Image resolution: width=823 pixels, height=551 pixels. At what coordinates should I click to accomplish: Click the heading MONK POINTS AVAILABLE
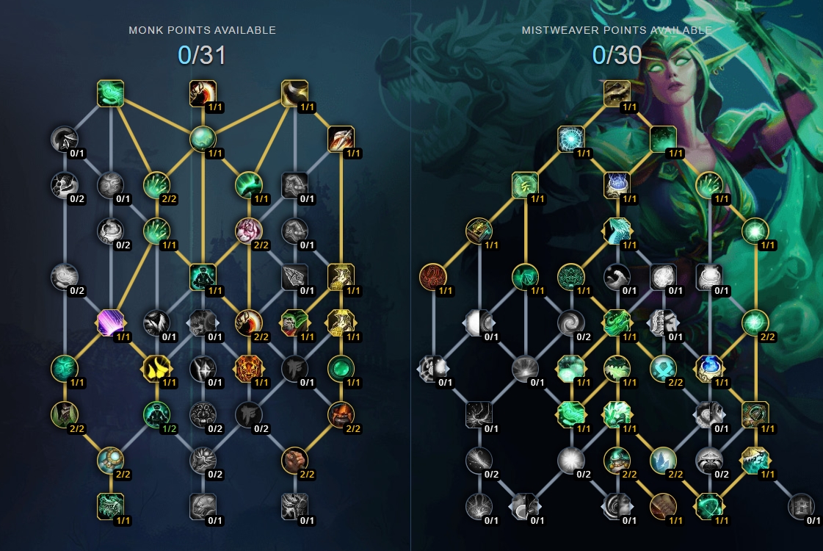tap(202, 30)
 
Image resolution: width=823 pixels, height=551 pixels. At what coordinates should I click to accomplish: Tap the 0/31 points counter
tap(202, 55)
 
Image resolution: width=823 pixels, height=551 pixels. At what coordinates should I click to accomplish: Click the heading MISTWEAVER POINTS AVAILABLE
tap(617, 30)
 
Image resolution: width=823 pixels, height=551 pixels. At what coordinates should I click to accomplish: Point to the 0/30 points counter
tap(617, 55)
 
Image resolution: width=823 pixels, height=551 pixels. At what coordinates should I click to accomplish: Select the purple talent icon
tap(111, 323)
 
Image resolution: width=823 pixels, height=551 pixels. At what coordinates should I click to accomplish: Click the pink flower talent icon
tap(249, 231)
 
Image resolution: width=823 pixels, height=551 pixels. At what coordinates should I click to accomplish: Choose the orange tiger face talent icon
tap(249, 368)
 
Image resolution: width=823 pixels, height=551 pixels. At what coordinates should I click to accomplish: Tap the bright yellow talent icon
tap(156, 368)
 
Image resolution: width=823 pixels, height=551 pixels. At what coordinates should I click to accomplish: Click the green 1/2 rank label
tap(169, 428)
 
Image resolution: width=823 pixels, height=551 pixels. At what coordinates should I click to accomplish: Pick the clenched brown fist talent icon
tap(295, 461)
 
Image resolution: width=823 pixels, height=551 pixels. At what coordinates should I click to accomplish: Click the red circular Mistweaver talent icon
tap(433, 277)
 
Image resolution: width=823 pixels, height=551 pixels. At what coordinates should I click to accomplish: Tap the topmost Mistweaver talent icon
tap(617, 93)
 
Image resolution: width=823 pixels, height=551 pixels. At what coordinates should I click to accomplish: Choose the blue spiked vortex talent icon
tap(571, 139)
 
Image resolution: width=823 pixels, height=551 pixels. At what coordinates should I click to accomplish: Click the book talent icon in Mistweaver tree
tap(479, 231)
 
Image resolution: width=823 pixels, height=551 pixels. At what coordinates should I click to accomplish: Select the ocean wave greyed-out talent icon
tap(617, 277)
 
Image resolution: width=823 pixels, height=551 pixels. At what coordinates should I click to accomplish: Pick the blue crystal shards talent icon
tap(663, 461)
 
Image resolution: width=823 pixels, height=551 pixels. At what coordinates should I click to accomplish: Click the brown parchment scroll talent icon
tap(663, 506)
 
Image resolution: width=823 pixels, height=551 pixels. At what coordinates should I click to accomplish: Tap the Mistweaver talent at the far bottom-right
tap(802, 506)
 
